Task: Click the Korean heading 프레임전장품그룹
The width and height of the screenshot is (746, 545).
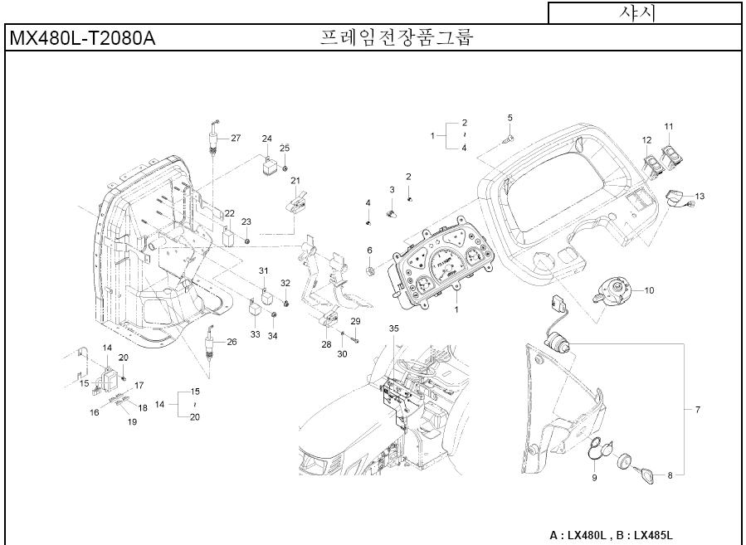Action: [396, 38]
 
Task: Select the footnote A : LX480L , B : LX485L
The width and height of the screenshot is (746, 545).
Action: [612, 535]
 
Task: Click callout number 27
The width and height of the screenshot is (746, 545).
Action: [236, 138]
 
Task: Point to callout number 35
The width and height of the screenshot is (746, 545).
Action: [394, 328]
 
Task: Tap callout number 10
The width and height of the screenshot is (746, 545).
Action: [649, 290]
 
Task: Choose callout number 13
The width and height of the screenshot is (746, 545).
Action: [700, 197]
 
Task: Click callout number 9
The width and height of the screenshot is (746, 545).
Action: [594, 478]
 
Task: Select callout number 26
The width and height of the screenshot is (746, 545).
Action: [232, 342]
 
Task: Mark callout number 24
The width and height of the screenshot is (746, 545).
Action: [267, 138]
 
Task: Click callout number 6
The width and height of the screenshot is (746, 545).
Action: [370, 251]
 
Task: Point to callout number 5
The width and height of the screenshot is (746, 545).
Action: [510, 118]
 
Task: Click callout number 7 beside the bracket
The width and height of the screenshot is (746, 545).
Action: [698, 410]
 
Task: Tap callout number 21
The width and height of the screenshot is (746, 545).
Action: [295, 181]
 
